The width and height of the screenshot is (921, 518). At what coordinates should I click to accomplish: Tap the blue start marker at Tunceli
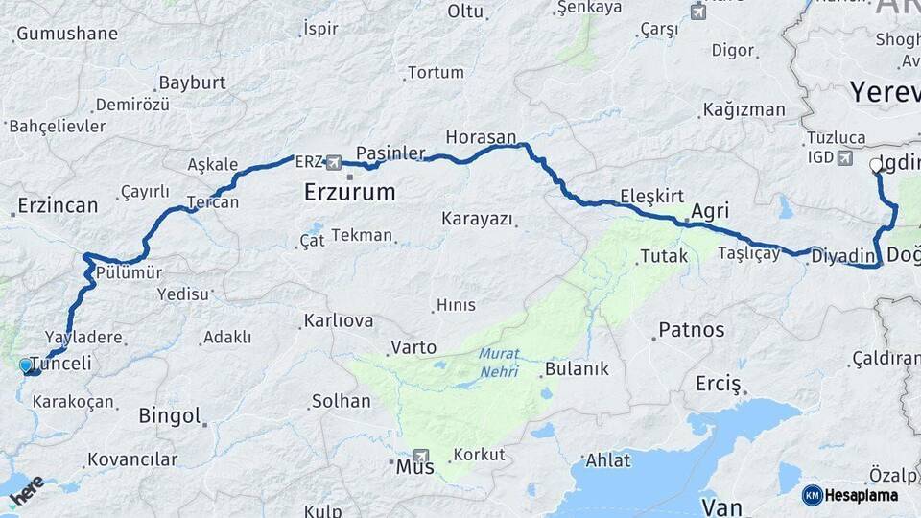(x=26, y=365)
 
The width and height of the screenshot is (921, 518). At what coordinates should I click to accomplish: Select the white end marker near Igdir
(x=875, y=165)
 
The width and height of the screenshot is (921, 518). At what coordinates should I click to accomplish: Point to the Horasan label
(x=481, y=137)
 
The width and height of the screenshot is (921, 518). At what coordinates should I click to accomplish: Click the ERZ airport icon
(x=333, y=162)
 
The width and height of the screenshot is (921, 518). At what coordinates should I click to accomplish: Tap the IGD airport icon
(x=844, y=157)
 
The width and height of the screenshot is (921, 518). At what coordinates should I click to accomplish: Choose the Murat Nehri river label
(x=499, y=362)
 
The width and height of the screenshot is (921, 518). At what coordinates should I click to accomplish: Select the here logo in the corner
(x=26, y=490)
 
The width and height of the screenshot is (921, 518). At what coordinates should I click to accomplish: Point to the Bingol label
(x=170, y=416)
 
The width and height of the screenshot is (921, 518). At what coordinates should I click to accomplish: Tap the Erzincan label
(x=58, y=206)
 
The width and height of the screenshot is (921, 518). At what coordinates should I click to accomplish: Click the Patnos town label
(x=691, y=330)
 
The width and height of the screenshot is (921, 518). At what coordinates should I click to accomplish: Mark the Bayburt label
(x=192, y=83)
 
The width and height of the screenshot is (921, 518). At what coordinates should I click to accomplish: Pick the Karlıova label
(x=338, y=320)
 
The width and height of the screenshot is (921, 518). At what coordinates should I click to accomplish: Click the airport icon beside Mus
(x=421, y=456)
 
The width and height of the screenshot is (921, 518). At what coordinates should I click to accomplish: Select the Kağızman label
(x=744, y=109)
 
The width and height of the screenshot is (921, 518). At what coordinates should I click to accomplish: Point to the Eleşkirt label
(x=651, y=196)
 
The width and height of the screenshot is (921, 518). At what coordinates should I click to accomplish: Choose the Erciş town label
(x=719, y=385)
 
